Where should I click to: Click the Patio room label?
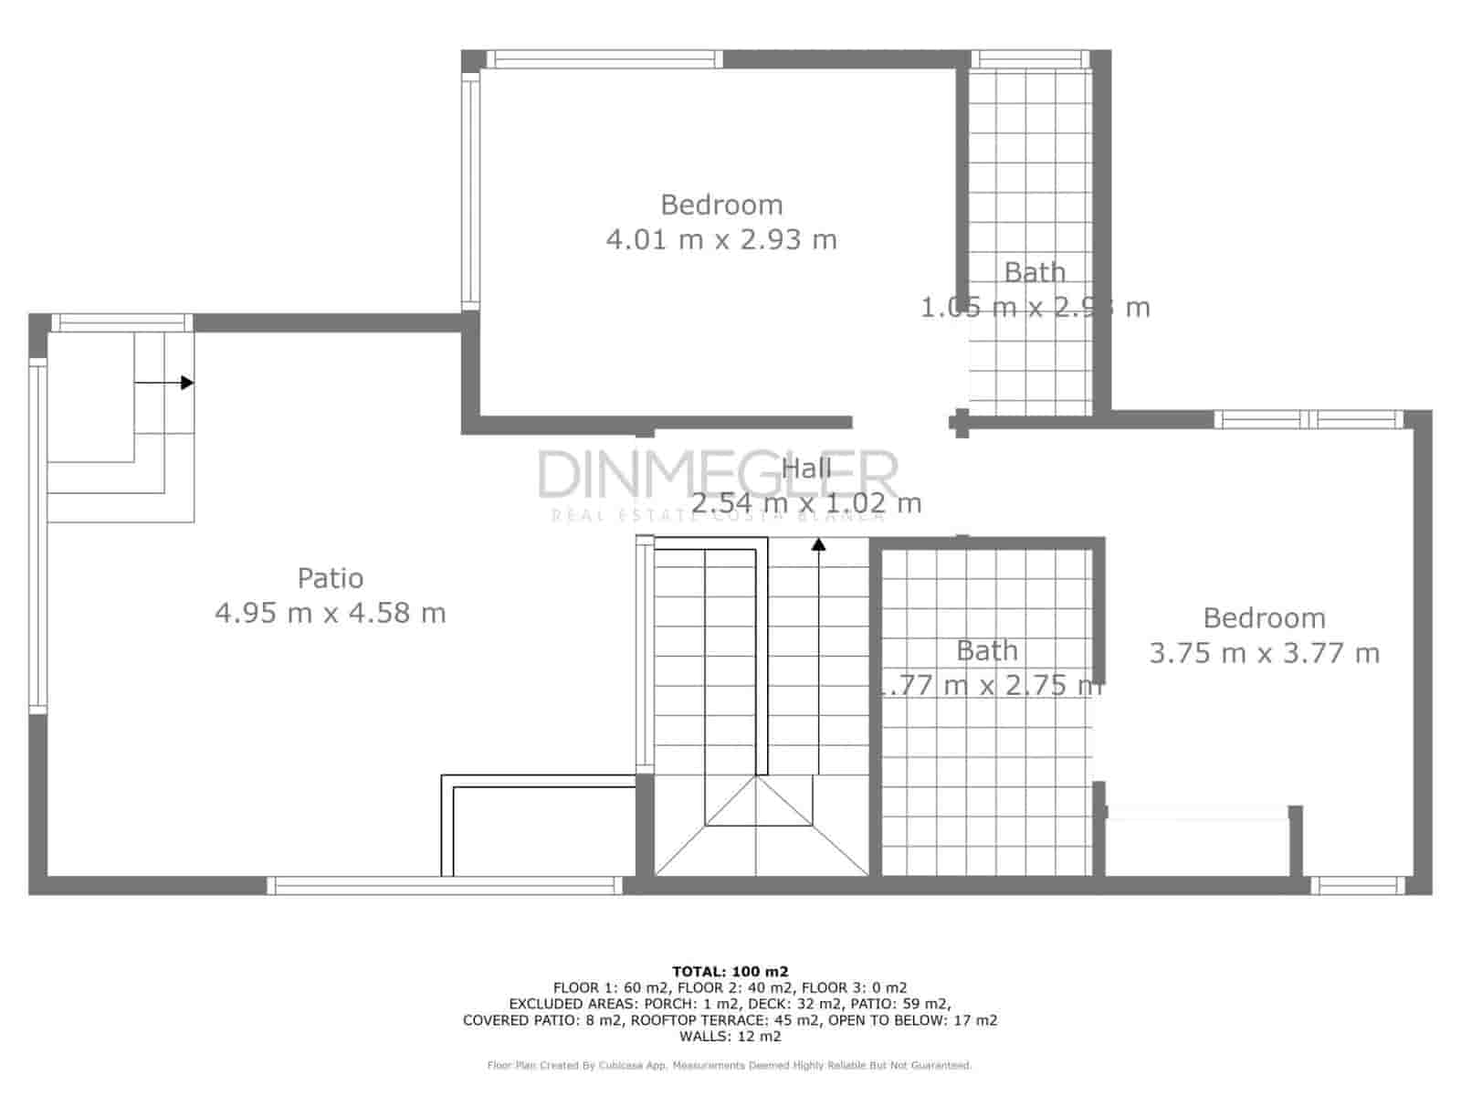331,578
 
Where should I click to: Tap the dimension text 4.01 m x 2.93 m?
721,239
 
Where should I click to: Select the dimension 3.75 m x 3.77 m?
1264,653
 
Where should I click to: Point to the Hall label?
806,469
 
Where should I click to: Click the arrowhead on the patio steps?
187,383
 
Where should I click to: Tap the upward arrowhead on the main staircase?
819,544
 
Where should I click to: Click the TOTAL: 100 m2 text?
730,972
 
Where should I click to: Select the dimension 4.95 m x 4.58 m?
331,613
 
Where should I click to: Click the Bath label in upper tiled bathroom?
1035,272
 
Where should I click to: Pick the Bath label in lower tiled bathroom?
987,651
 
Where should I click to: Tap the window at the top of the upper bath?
1031,59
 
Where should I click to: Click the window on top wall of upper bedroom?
604,59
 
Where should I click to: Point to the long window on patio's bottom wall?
445,885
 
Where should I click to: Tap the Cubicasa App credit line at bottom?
730,1065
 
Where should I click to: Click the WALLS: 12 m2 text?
730,1037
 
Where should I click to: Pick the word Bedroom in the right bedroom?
1264,618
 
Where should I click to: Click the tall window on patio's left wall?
37,534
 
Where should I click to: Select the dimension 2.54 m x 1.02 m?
806,503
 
